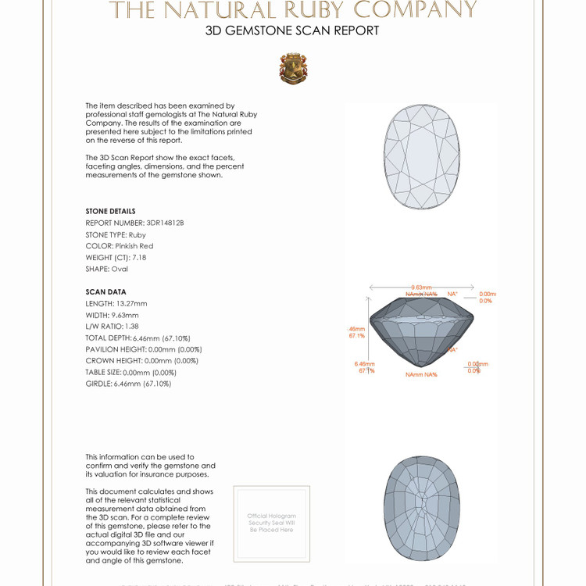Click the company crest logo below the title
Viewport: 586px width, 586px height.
point(293,69)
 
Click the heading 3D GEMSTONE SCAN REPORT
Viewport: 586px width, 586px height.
point(292,31)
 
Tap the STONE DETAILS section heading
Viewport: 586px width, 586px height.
point(110,212)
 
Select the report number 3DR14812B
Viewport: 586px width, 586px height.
point(166,223)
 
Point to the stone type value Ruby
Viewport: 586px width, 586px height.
point(138,234)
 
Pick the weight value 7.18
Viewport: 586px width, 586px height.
point(138,257)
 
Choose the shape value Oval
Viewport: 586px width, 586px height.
point(120,269)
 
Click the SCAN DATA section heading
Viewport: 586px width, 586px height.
point(105,292)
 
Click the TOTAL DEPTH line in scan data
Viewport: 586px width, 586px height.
point(138,338)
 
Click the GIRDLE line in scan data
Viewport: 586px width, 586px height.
point(128,384)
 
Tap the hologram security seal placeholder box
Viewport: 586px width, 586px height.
point(272,523)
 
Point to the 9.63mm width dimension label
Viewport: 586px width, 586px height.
point(422,288)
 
